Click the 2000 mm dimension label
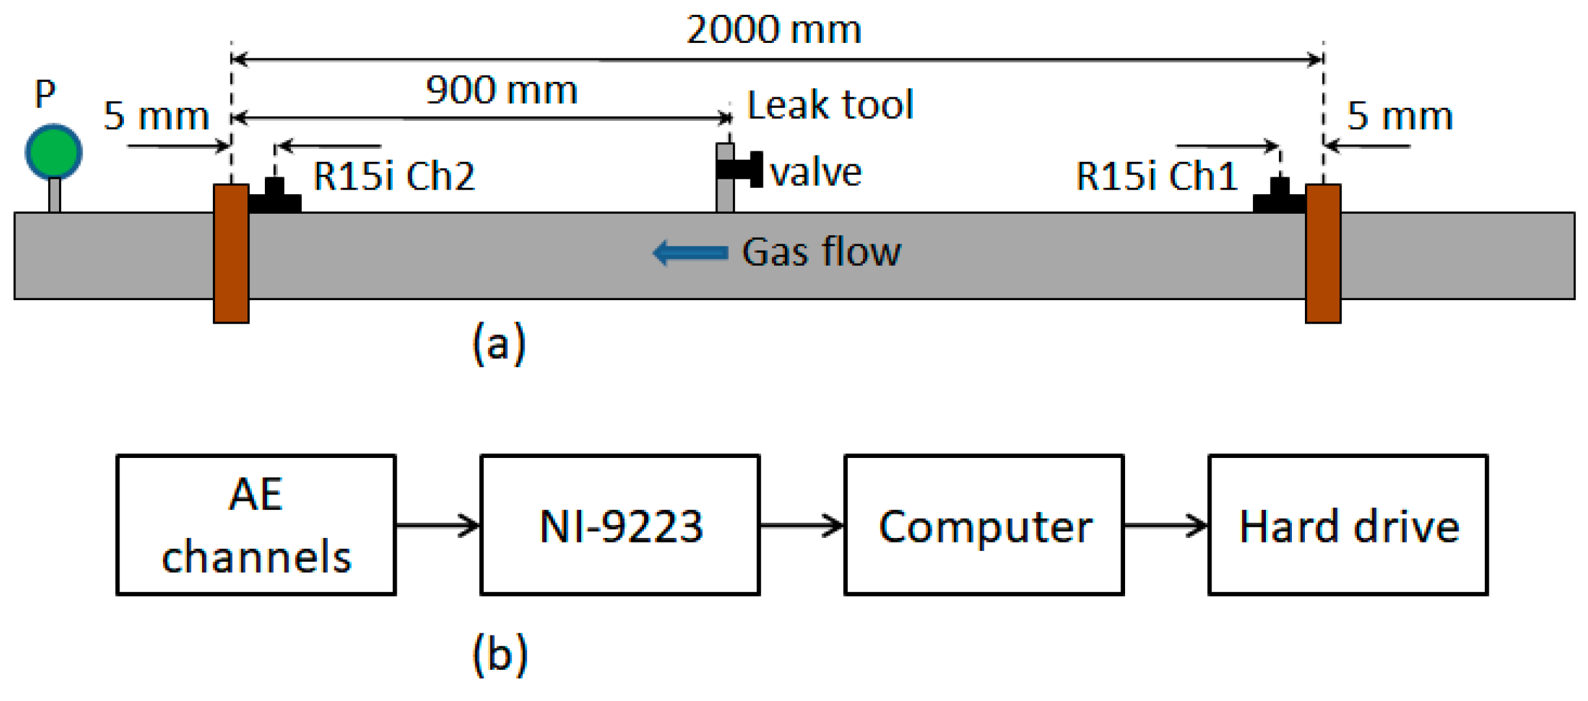pos(773,30)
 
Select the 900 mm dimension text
pos(501,90)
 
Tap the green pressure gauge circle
pos(54,151)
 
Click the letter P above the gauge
pos(45,94)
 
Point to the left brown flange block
pos(231,253)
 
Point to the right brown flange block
pos(1322,253)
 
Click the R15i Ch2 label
pos(394,176)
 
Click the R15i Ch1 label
pos(1156,176)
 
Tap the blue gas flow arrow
pos(690,253)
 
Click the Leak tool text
pos(830,105)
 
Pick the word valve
pos(816,173)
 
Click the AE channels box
pos(256,525)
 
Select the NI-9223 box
pos(620,525)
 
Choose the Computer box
pos(984,525)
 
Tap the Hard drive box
pos(1348,525)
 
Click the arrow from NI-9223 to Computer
pos(802,525)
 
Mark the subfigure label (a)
pos(499,344)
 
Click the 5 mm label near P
pos(156,116)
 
